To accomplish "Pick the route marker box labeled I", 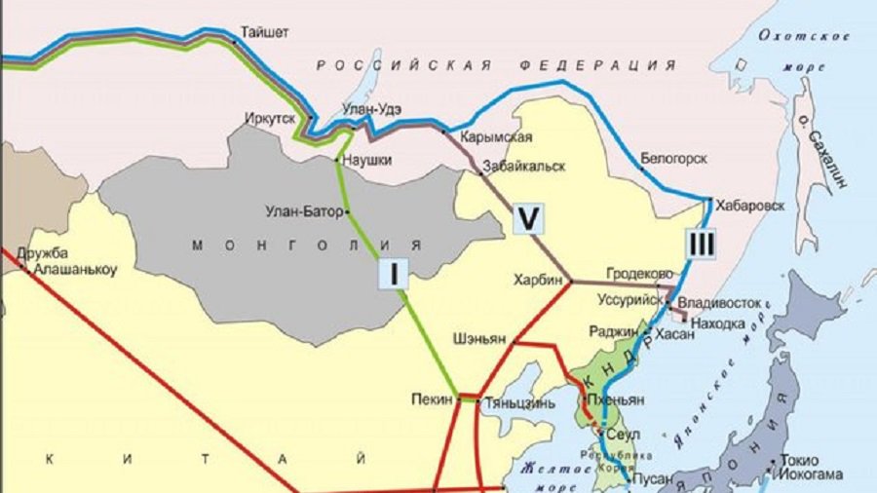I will click(393, 275).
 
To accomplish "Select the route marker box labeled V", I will click(527, 220).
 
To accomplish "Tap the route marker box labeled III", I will click(700, 244).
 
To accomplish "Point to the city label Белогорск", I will click(673, 158).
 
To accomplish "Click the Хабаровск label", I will click(749, 206).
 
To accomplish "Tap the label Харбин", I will click(539, 280).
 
